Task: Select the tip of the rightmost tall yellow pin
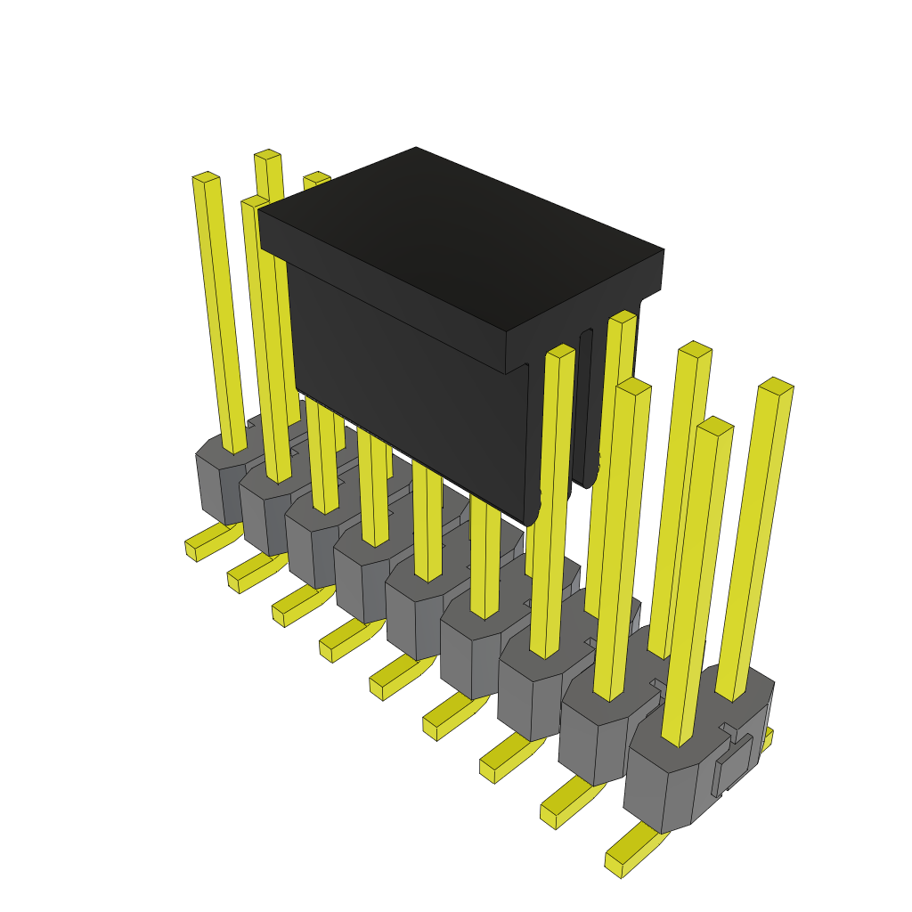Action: tap(776, 386)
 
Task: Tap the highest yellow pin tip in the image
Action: tap(267, 155)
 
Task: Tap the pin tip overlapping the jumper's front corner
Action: tap(560, 351)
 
